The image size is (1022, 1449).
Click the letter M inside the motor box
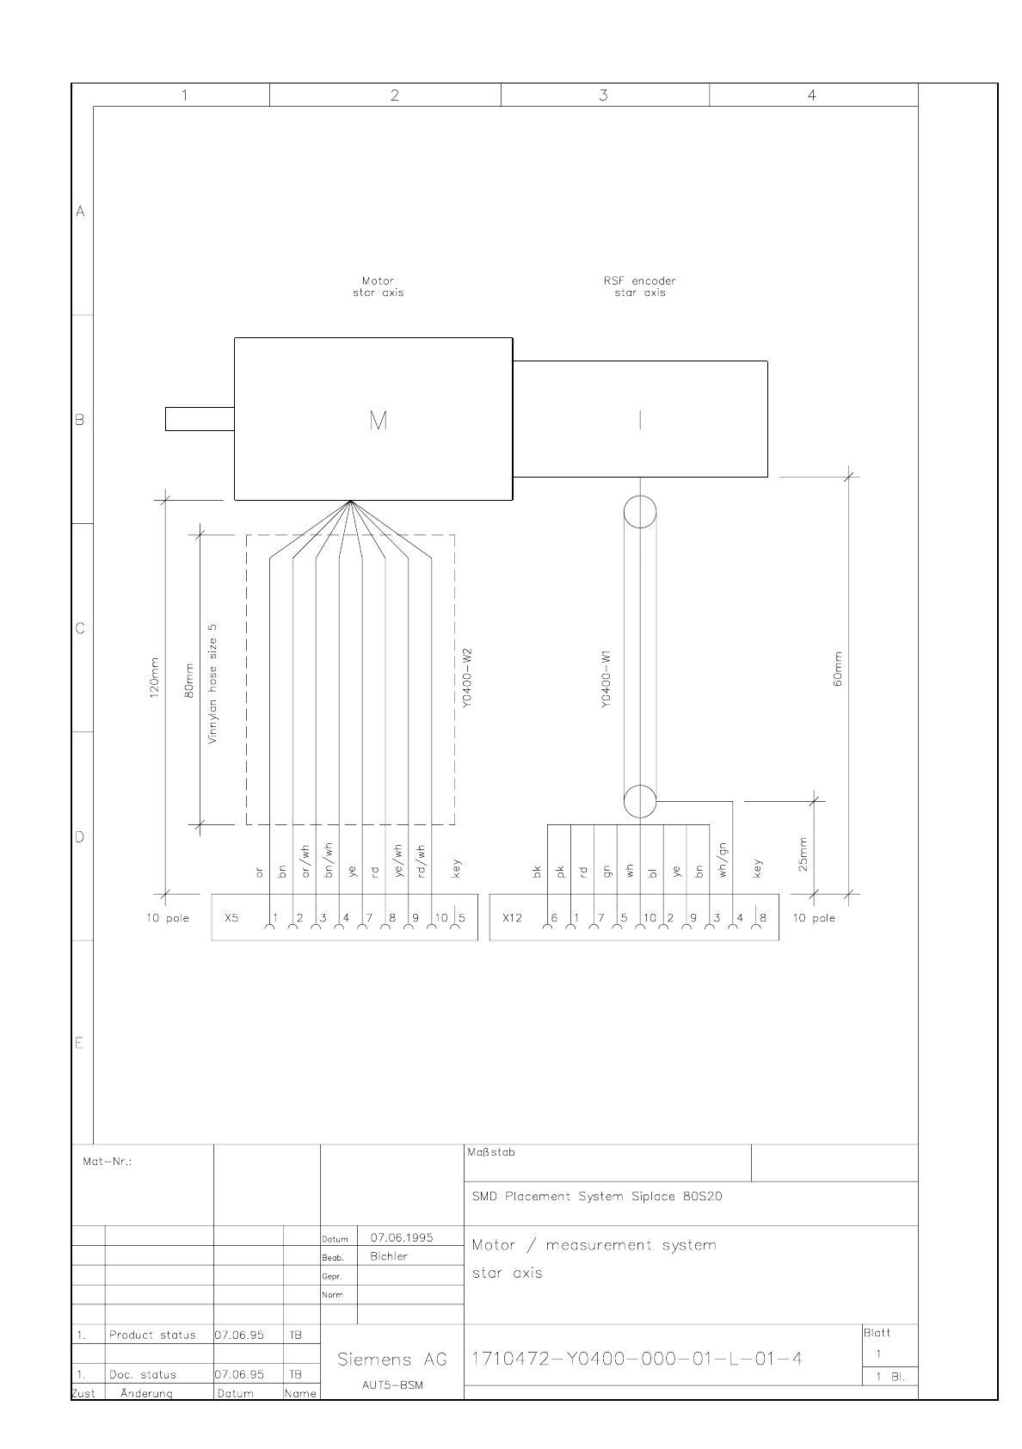pyautogui.click(x=379, y=421)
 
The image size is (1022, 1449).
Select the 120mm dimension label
pyautogui.click(x=154, y=678)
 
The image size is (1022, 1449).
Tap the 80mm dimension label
pyautogui.click(x=189, y=681)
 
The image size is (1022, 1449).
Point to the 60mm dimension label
pyautogui.click(x=838, y=669)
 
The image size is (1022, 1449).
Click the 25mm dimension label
pyautogui.click(x=803, y=854)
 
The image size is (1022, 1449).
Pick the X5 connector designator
pyautogui.click(x=231, y=918)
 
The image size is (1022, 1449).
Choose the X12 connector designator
pyautogui.click(x=513, y=918)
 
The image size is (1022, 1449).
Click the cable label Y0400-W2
pyautogui.click(x=468, y=678)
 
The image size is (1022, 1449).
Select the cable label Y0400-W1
pyautogui.click(x=606, y=679)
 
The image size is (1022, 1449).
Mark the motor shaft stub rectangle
pyautogui.click(x=200, y=418)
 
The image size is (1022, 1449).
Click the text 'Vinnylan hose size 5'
pyautogui.click(x=212, y=684)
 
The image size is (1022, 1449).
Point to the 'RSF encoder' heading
pyautogui.click(x=640, y=281)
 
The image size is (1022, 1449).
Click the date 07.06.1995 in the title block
pyautogui.click(x=402, y=1237)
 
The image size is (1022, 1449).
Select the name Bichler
pyautogui.click(x=389, y=1256)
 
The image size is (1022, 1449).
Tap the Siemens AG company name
pyautogui.click(x=392, y=1360)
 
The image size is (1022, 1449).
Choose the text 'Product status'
pyautogui.click(x=152, y=1335)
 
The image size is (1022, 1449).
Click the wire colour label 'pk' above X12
pyautogui.click(x=560, y=872)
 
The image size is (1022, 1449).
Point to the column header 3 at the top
pyautogui.click(x=604, y=96)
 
